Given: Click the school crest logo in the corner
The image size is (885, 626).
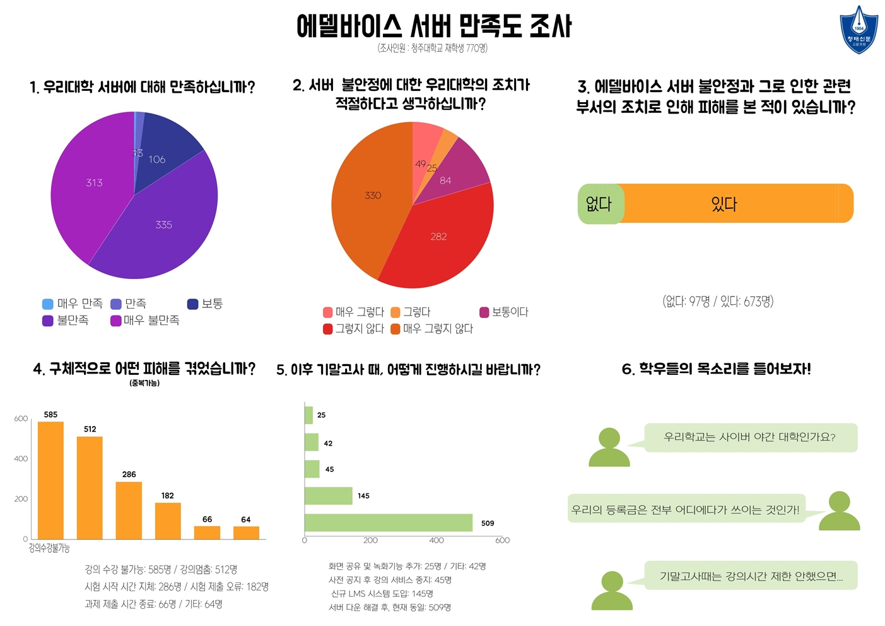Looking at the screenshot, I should click(x=859, y=30).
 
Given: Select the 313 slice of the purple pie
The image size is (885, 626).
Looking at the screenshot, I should click(x=88, y=189).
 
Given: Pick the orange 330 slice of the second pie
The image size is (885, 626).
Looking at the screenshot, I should click(x=366, y=202).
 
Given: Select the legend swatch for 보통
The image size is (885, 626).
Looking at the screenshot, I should click(x=193, y=304).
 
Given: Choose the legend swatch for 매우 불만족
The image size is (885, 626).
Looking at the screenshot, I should click(x=115, y=321).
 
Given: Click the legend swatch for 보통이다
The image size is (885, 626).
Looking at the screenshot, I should click(x=484, y=312).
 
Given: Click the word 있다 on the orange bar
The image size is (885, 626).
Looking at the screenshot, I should click(x=724, y=204).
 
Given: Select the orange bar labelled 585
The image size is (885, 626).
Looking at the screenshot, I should click(x=50, y=480).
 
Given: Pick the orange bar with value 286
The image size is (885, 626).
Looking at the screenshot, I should click(x=129, y=510).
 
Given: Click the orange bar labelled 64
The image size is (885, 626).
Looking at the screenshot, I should click(x=246, y=532).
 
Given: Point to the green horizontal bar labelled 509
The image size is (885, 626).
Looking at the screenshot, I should click(x=388, y=523).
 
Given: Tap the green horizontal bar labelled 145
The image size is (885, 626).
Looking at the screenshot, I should click(x=328, y=495).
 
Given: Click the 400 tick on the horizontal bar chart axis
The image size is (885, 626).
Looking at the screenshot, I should click(x=437, y=540).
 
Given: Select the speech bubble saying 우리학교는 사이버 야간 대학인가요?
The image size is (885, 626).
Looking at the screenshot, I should click(x=750, y=437).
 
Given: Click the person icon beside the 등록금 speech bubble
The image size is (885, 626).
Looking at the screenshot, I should click(x=839, y=511).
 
